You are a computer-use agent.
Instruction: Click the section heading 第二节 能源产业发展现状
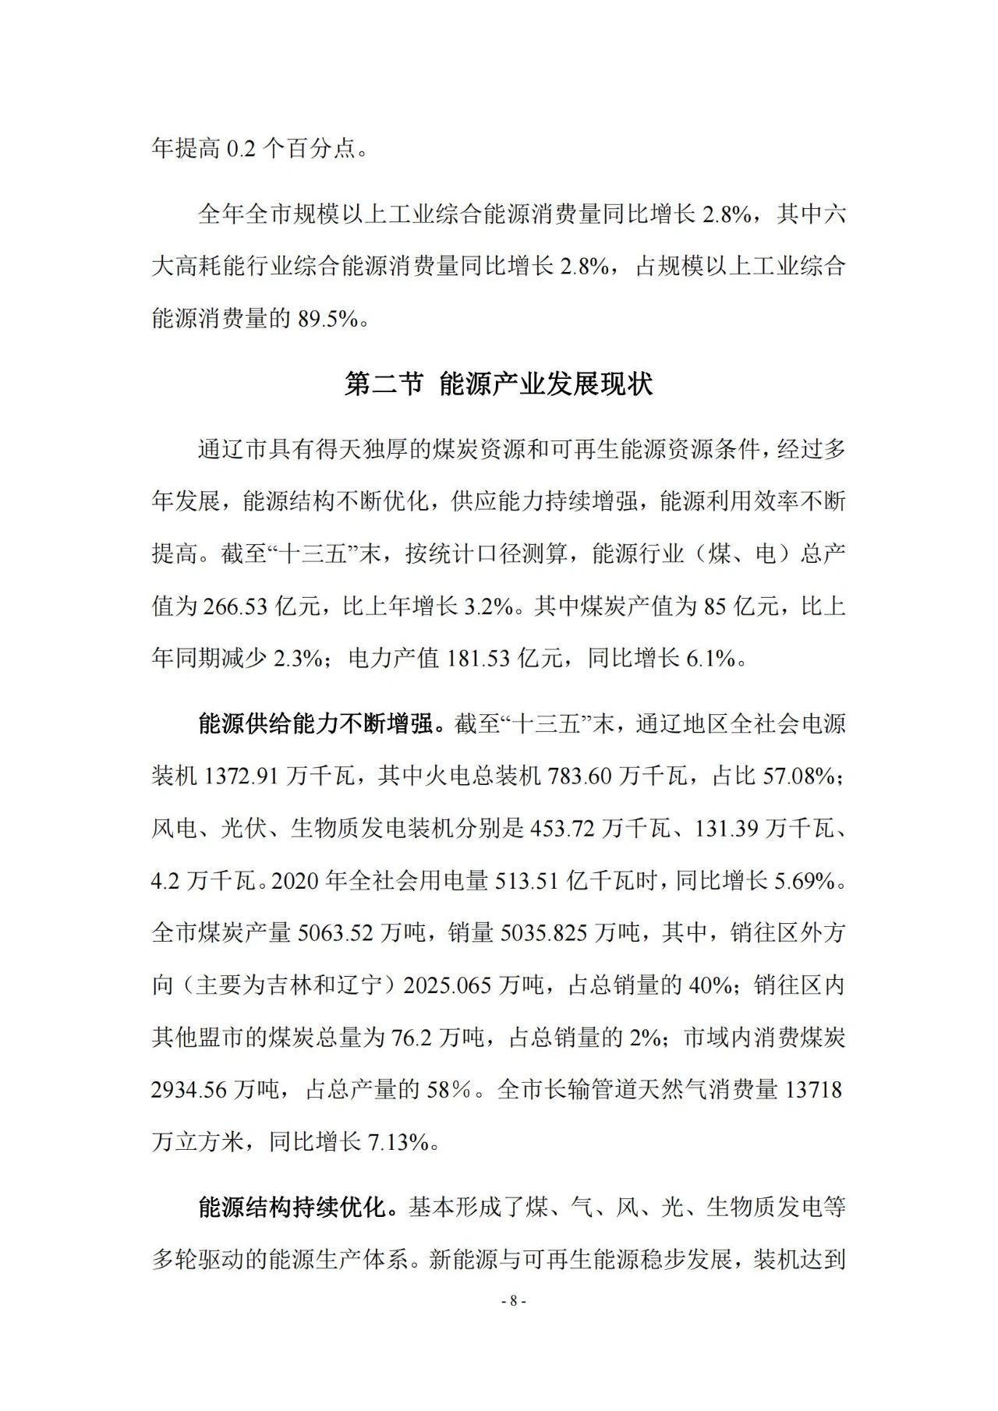(x=498, y=384)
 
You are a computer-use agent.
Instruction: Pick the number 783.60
(x=580, y=776)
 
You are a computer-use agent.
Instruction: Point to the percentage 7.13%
(x=398, y=1142)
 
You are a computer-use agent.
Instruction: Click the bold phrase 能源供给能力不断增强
(x=315, y=724)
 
